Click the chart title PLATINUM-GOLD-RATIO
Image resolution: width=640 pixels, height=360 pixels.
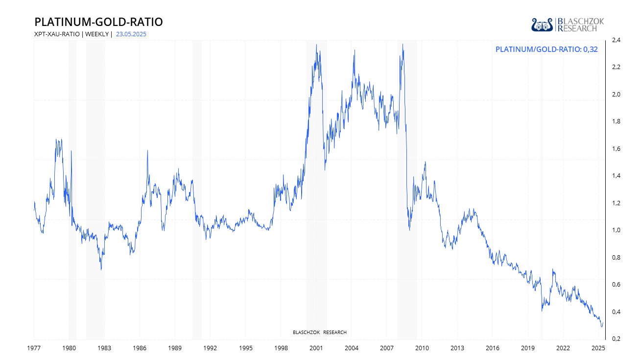[x=98, y=22]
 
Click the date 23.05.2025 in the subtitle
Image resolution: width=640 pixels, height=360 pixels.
[x=131, y=34]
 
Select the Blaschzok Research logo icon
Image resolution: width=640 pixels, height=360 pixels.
[x=542, y=24]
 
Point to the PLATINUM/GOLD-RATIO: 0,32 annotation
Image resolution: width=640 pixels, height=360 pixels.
[x=546, y=49]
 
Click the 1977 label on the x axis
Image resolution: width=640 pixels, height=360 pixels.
[x=34, y=348]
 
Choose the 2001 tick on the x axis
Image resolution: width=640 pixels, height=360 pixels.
[x=316, y=348]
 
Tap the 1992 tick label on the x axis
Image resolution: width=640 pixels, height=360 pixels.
[x=211, y=348]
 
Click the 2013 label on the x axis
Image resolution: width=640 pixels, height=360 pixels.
[x=457, y=348]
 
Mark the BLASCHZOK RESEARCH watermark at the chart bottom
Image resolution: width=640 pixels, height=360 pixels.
[x=319, y=333]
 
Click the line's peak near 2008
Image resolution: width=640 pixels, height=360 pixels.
[x=403, y=45]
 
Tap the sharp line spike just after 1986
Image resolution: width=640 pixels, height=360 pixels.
[x=147, y=150]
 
